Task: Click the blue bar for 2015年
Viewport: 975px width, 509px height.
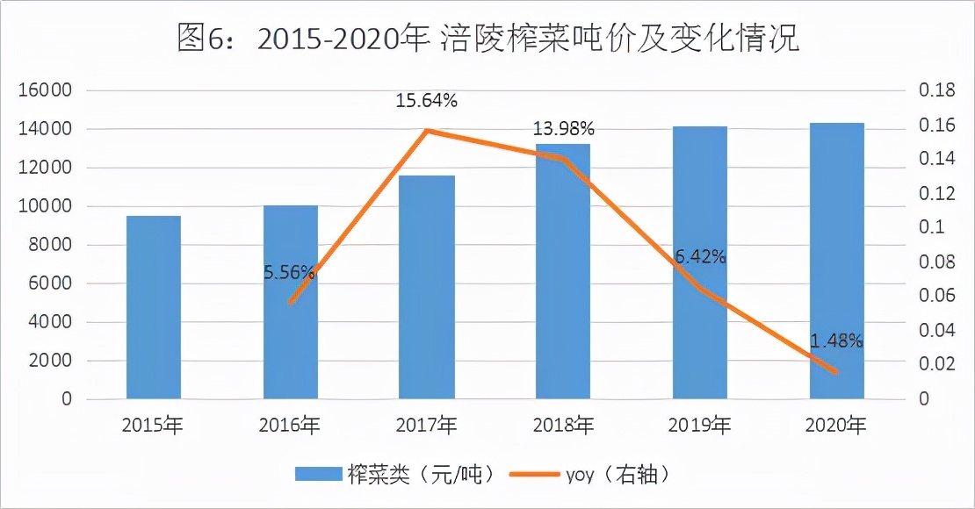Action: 154,307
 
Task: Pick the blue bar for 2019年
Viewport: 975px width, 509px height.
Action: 700,263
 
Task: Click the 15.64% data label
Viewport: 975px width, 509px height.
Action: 427,101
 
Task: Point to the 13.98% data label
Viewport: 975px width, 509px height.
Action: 563,129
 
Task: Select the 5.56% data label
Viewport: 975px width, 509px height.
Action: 289,272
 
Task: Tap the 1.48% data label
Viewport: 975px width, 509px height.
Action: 837,341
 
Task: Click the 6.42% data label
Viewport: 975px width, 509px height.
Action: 700,256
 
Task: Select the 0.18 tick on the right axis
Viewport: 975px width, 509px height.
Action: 936,90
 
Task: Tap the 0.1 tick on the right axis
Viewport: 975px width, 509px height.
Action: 931,227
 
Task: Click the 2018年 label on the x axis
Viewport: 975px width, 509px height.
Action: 563,427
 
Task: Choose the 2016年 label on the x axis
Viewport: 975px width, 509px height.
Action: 290,427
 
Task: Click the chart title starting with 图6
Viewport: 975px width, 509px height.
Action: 487,38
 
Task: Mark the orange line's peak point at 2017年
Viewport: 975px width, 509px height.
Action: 427,131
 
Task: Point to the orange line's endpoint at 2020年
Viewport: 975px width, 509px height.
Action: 836,373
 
